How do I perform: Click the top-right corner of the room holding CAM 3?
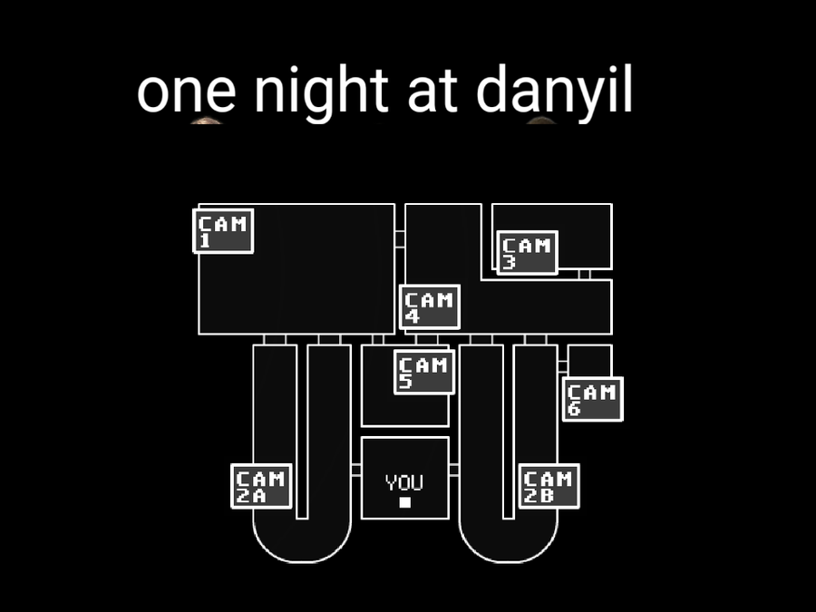[x=611, y=204]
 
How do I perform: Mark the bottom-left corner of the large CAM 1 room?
[x=199, y=334]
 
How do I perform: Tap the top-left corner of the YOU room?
[x=362, y=438]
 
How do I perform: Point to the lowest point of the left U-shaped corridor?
[x=302, y=562]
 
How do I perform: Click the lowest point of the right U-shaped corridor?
[x=509, y=562]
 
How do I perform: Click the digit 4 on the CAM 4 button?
[x=413, y=316]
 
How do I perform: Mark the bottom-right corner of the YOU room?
[x=449, y=519]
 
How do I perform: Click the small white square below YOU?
[x=405, y=502]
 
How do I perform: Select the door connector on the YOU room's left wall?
[x=356, y=470]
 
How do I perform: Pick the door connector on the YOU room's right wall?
[x=454, y=470]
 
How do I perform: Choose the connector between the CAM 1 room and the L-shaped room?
[x=400, y=239]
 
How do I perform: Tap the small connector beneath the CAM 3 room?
[x=584, y=274]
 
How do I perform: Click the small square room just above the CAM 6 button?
[x=589, y=361]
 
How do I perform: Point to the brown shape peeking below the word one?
[x=207, y=121]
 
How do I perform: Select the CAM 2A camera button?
[x=261, y=486]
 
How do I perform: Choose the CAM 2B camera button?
[x=549, y=486]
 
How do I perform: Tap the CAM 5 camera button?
[x=424, y=372]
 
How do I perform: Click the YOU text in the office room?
[x=404, y=482]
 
